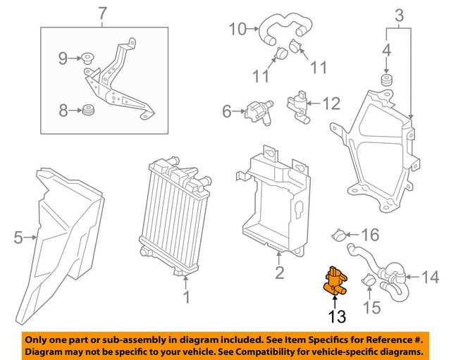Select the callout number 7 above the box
pos(103,13)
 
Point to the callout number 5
pos(18,238)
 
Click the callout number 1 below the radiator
pos(186,298)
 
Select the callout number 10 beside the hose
pos(237,29)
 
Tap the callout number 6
pos(227,111)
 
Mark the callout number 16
pos(370,234)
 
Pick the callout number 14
pos(429,277)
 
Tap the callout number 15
pos(371,308)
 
